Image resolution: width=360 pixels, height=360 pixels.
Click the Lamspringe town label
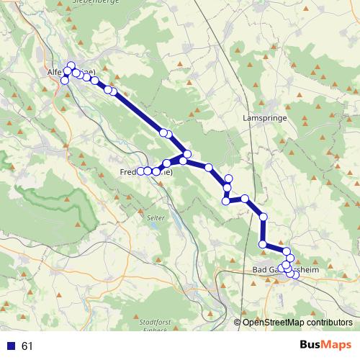tap(265, 117)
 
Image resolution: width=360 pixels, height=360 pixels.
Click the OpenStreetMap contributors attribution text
tap(297, 322)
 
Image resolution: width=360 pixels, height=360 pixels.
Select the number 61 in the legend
tap(27, 346)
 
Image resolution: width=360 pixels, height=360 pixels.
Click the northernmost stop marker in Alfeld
tap(71, 66)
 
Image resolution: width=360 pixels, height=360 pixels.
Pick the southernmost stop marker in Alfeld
tap(65, 80)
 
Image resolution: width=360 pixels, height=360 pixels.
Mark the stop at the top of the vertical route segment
tap(264, 217)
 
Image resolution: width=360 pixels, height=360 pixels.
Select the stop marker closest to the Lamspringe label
tap(229, 179)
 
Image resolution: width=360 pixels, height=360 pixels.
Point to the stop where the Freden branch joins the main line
tap(187, 154)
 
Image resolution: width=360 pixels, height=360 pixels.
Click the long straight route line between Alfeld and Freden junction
tap(137, 111)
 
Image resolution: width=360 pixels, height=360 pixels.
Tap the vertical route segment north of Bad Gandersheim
tap(264, 230)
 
